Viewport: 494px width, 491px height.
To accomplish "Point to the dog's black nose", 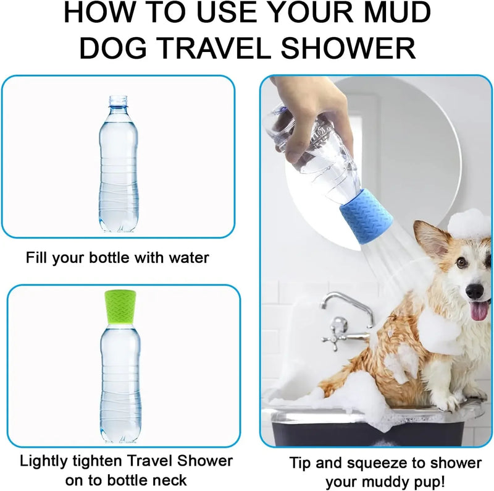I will click(474, 291).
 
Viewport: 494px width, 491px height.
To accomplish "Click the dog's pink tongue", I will click(480, 311).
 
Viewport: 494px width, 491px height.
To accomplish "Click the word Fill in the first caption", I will click(38, 257).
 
